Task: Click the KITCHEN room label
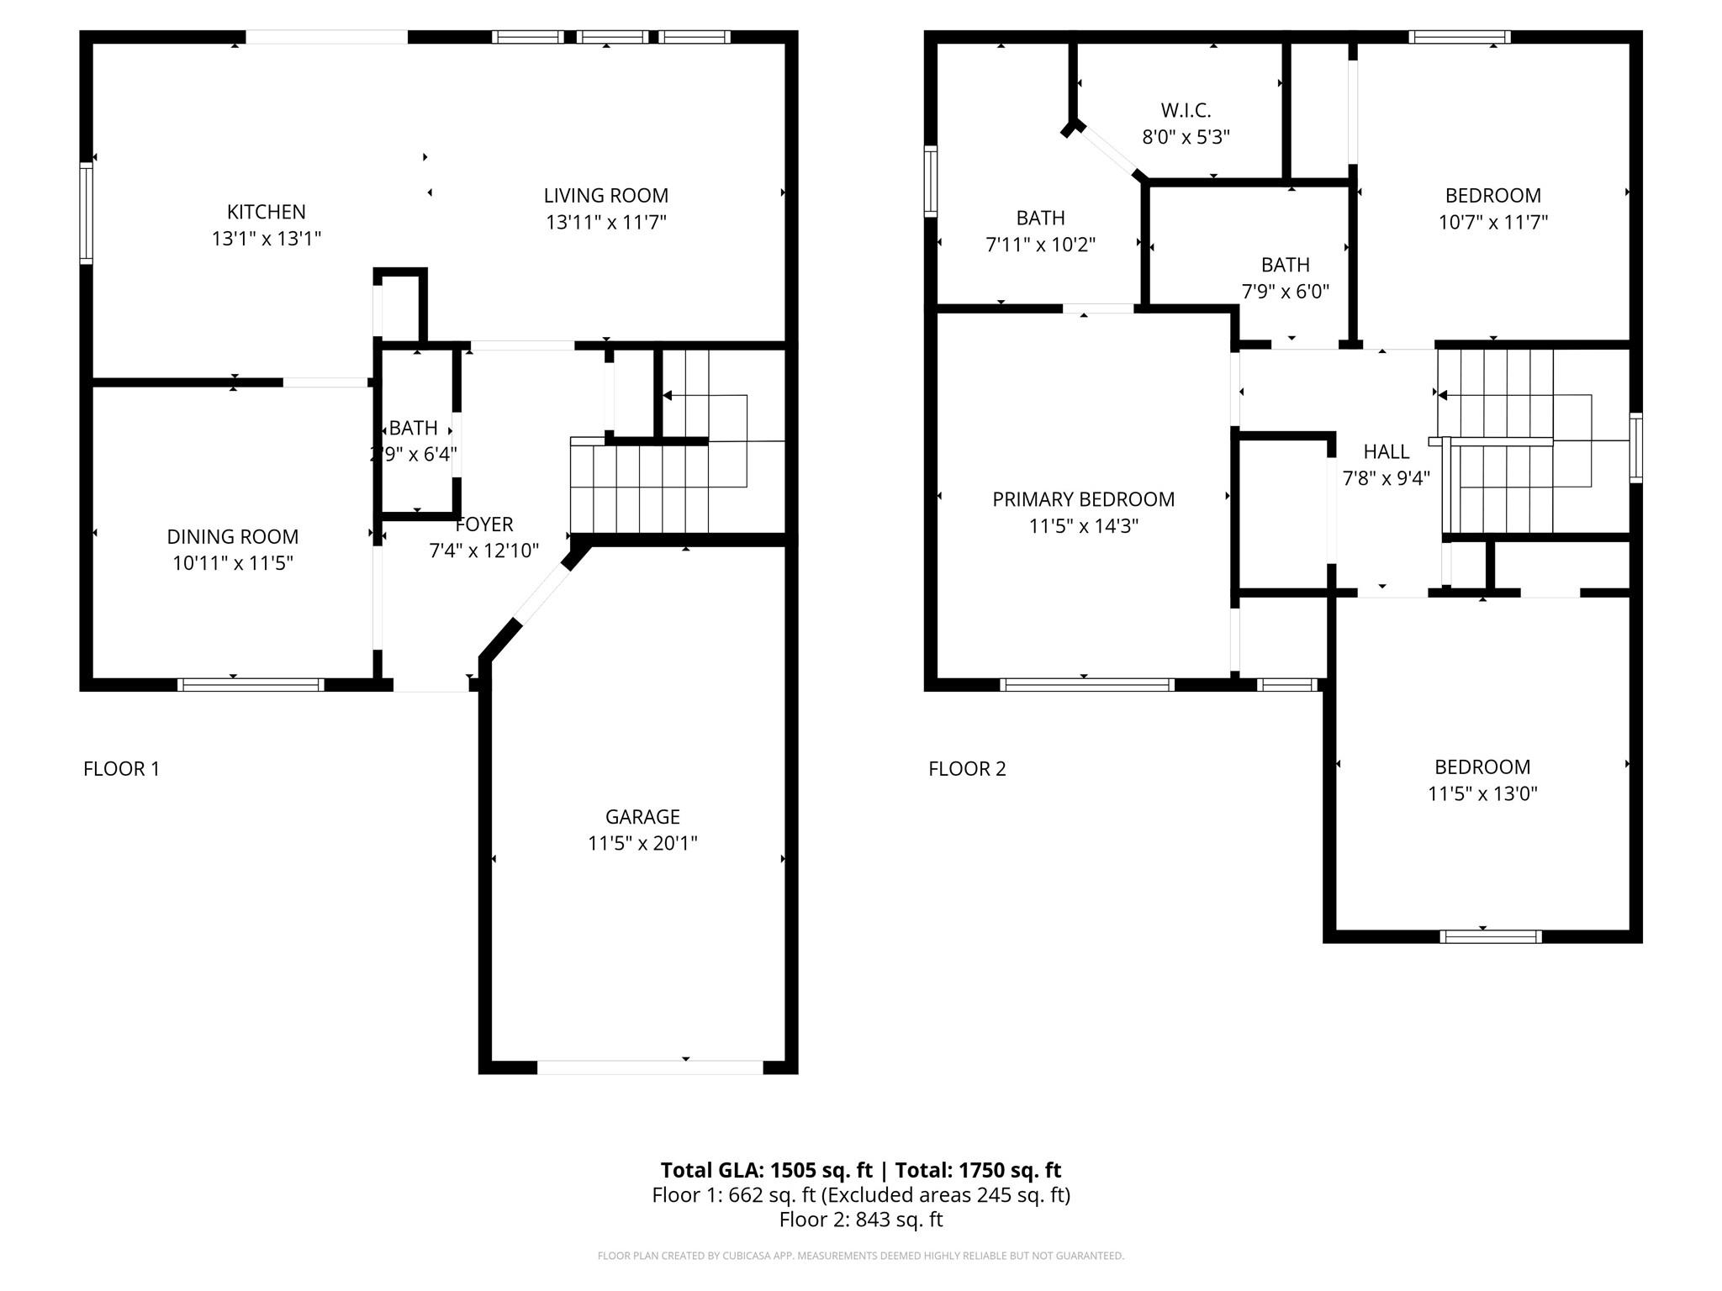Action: coord(267,212)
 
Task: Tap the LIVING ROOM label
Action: coord(606,196)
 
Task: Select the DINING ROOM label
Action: coord(233,536)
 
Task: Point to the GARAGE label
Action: coord(642,816)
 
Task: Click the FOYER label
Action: coord(484,524)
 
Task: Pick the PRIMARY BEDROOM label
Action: coord(1084,499)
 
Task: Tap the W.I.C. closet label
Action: coord(1186,110)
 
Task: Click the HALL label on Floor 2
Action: coord(1387,452)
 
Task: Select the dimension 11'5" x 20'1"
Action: coord(642,843)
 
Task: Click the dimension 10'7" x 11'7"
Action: coord(1493,222)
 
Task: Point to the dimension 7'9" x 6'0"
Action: coord(1286,292)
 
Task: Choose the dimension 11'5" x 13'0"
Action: coord(1482,793)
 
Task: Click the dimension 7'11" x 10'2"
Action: coord(1041,245)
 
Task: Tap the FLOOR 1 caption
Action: coord(121,768)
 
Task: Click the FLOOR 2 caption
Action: coord(967,768)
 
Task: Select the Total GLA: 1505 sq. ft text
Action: coord(767,1170)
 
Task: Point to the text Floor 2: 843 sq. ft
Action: coord(861,1220)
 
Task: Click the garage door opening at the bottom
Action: coord(650,1067)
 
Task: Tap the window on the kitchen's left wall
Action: coord(87,213)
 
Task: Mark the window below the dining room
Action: coord(251,685)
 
